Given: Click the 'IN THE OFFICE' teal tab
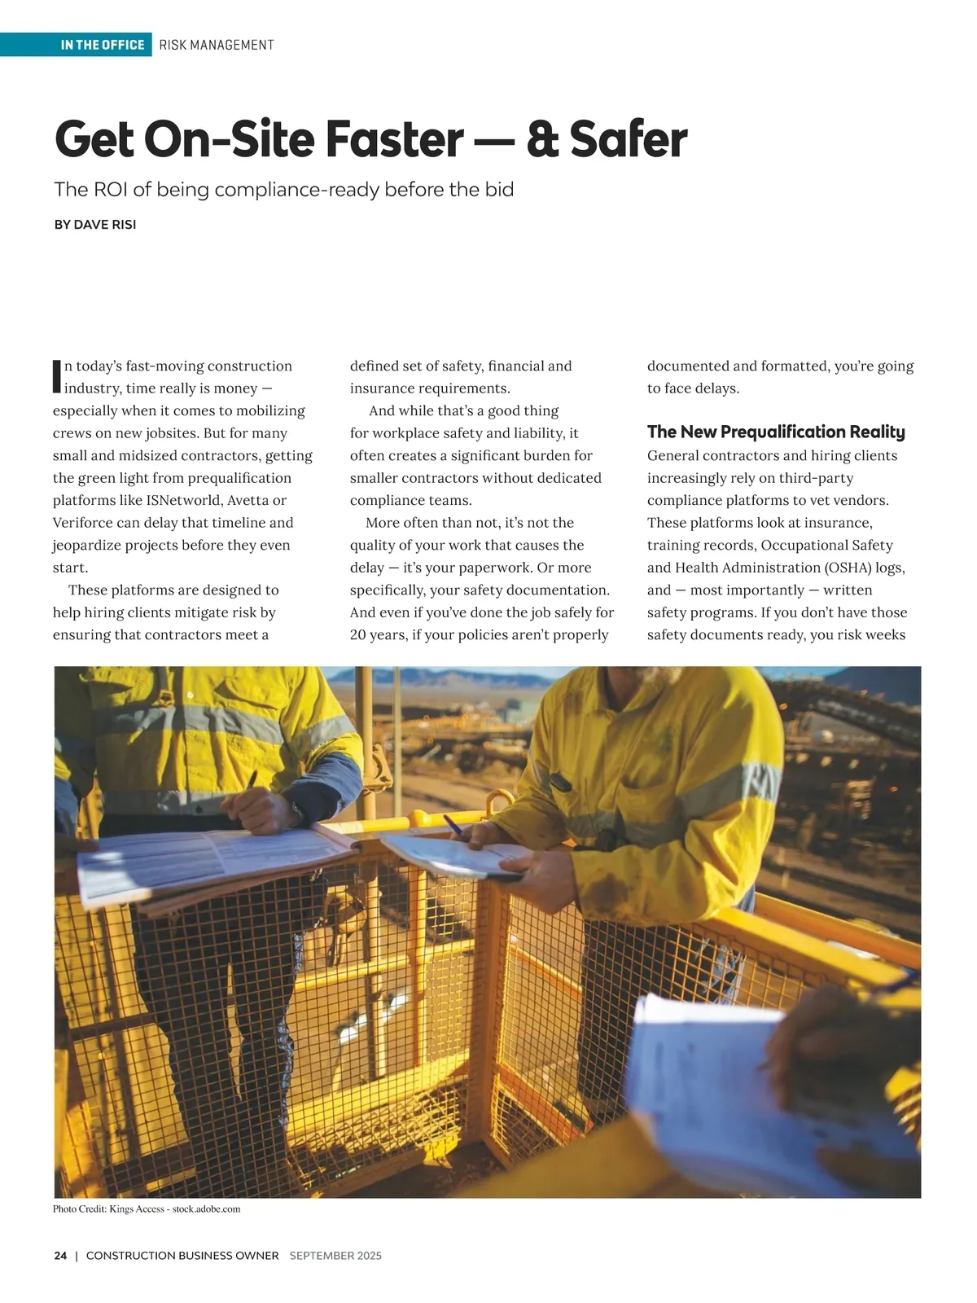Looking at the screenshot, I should coord(103,45).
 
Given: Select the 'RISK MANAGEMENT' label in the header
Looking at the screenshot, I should coord(217,45).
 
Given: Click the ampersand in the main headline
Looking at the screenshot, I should coord(543,139).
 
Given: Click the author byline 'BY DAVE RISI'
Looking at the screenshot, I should coord(94,225).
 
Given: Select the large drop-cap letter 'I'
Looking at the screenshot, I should coord(57,374).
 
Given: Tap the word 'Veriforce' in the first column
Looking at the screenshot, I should coord(82,523).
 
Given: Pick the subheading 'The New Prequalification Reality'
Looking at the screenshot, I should coord(776,432).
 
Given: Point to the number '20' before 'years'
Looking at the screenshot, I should coord(358,634).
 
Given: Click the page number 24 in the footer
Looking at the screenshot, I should coord(60,1256).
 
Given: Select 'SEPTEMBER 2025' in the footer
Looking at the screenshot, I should coord(335,1256).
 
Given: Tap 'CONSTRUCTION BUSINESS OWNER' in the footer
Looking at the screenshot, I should coord(182,1256).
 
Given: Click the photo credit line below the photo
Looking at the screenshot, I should coord(147,1209).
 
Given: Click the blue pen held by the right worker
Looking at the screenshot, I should coord(453,825).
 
